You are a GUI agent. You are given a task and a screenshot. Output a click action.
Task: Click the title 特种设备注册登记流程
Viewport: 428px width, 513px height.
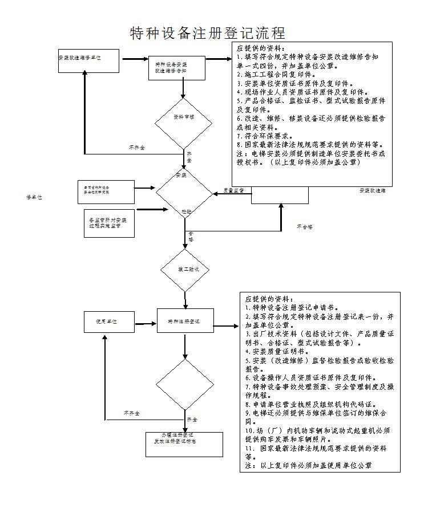click(208, 32)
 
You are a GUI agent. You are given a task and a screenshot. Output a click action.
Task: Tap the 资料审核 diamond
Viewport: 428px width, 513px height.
click(184, 117)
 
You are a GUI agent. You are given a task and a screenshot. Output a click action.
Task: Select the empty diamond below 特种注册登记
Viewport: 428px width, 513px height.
click(184, 384)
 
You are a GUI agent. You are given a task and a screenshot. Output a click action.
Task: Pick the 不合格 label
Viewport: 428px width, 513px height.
click(304, 227)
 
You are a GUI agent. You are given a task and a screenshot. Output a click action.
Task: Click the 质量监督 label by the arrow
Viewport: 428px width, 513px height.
click(233, 190)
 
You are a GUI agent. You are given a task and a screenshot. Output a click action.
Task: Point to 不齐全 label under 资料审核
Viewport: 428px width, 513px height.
click(136, 148)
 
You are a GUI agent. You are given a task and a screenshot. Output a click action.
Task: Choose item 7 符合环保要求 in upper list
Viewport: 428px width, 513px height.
click(265, 136)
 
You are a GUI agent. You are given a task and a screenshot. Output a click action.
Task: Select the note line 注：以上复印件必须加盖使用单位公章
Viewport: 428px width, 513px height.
click(308, 466)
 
